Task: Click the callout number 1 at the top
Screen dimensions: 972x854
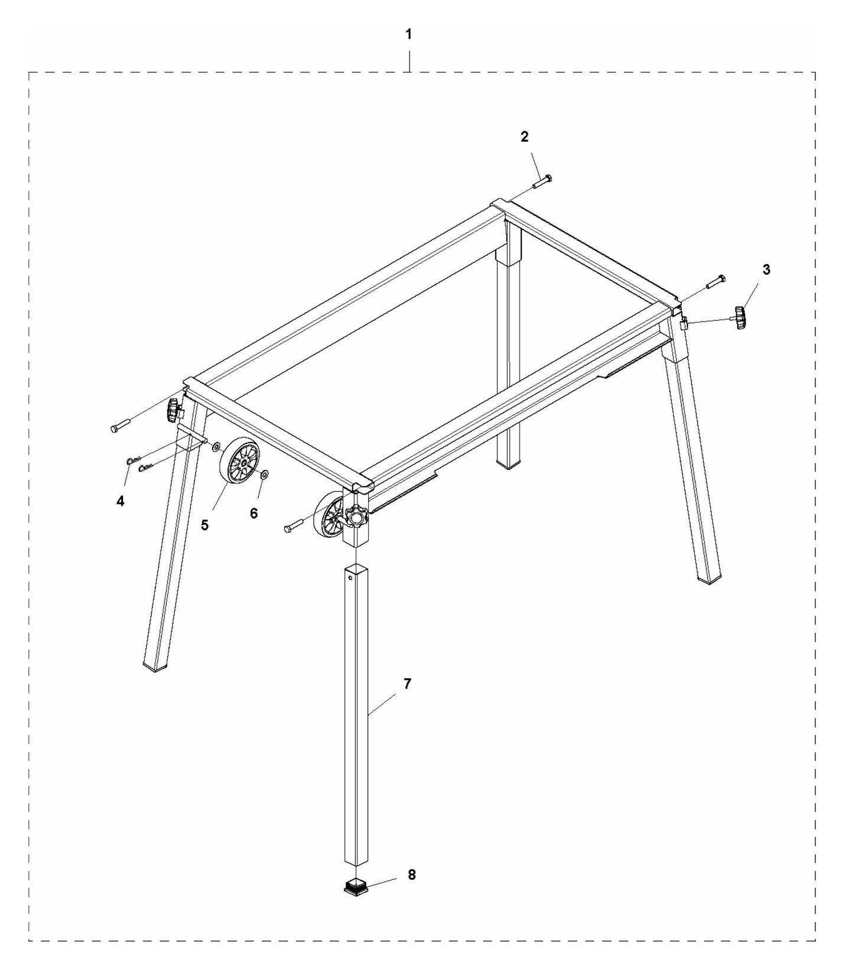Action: pyautogui.click(x=408, y=35)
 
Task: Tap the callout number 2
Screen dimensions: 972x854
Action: pyautogui.click(x=524, y=137)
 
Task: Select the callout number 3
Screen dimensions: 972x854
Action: pyautogui.click(x=766, y=270)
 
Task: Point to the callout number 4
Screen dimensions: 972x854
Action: pyautogui.click(x=121, y=501)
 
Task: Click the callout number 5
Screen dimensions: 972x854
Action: pyautogui.click(x=204, y=525)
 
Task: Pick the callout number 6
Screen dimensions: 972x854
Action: pyautogui.click(x=254, y=513)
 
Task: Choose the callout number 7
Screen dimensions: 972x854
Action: pyautogui.click(x=407, y=684)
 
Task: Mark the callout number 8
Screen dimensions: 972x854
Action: pyautogui.click(x=411, y=875)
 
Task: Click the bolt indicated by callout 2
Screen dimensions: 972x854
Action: pyautogui.click(x=542, y=181)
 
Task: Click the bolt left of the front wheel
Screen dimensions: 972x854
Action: pyautogui.click(x=294, y=526)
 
